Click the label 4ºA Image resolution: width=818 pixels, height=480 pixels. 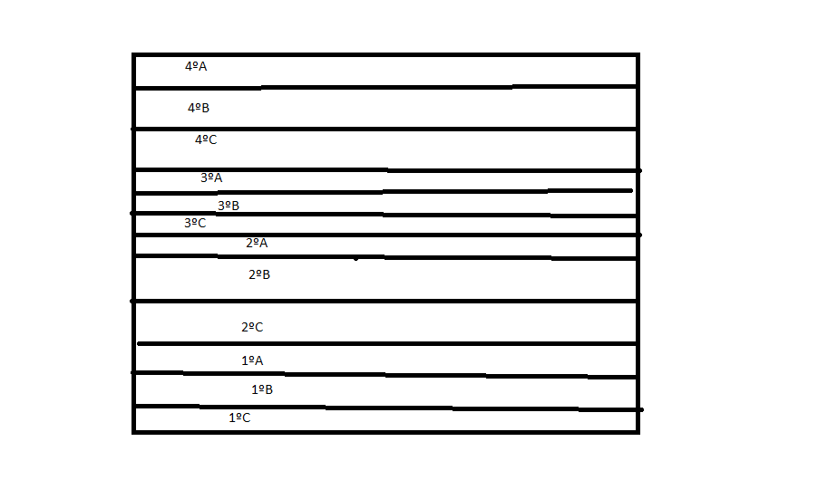click(196, 66)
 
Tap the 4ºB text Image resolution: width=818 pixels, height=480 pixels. click(199, 108)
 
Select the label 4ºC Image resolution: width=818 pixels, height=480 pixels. click(206, 139)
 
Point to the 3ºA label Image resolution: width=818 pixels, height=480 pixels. click(211, 178)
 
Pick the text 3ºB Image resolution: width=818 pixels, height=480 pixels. click(228, 206)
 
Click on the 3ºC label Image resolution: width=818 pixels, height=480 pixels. click(195, 223)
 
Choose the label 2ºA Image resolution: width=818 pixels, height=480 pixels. click(257, 243)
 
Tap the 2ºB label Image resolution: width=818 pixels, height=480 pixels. click(259, 274)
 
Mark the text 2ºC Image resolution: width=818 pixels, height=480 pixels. click(252, 327)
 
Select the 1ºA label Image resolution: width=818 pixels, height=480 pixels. click(252, 360)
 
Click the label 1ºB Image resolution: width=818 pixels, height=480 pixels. click(262, 389)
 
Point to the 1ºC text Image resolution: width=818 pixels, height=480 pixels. click(239, 418)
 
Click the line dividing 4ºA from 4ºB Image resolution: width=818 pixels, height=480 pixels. click(386, 87)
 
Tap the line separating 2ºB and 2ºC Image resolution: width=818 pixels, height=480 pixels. click(385, 302)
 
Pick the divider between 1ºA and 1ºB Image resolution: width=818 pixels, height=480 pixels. click(386, 375)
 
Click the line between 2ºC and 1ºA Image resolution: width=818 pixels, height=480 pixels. click(387, 344)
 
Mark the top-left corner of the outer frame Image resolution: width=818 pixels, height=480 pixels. click(133, 54)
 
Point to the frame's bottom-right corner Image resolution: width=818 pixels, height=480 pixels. click(638, 432)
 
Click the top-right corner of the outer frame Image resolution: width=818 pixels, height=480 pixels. click(638, 54)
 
